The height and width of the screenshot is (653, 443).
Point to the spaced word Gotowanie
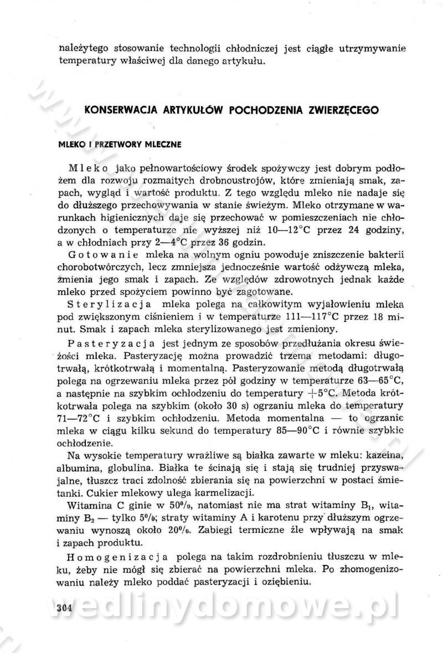[x=99, y=254]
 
